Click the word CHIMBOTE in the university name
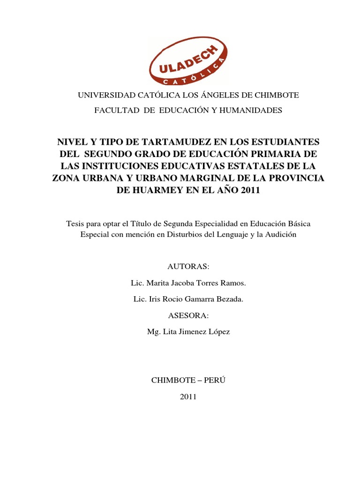(x=276, y=95)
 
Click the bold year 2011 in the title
(x=249, y=190)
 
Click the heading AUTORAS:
(x=188, y=267)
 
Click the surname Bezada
(x=229, y=300)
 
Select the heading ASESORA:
(x=188, y=315)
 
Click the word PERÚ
(x=215, y=380)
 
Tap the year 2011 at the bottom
(x=188, y=397)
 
